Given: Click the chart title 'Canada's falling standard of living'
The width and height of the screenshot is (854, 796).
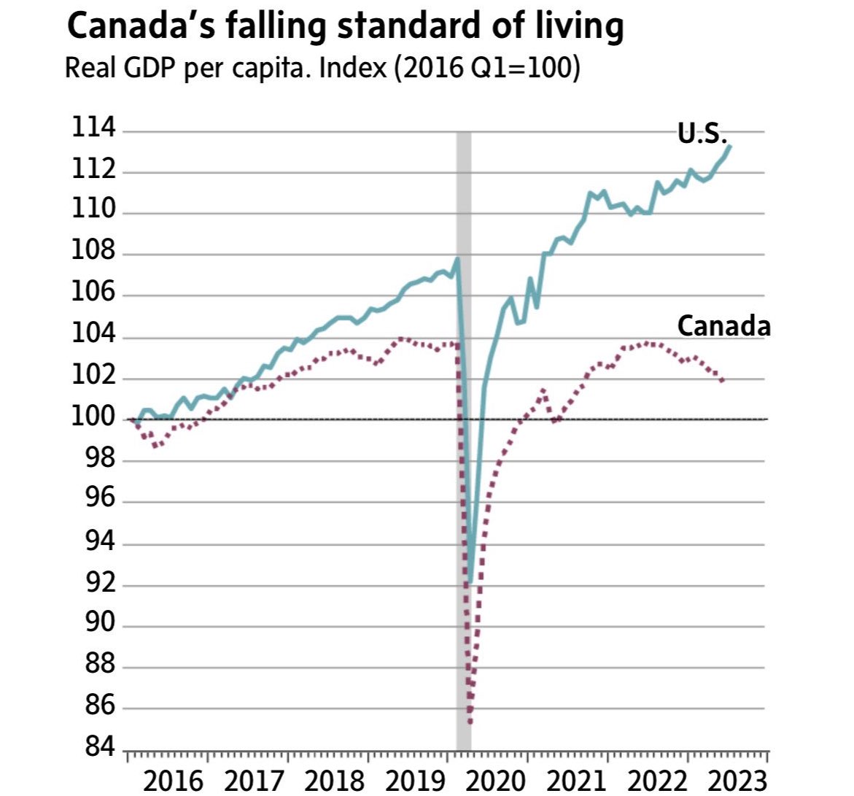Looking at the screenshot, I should pos(345,27).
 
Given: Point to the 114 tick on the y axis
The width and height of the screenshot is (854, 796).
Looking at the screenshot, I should pos(93,129).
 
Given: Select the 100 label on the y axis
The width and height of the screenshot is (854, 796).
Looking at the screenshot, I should pos(93,418).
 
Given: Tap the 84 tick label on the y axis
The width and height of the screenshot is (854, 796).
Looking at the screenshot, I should pos(93,748).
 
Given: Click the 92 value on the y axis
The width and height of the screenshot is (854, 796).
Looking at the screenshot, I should pos(93,583).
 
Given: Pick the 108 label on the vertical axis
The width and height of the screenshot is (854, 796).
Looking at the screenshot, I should pos(93,252).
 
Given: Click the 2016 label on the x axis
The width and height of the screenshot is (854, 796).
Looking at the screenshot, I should pos(174,781).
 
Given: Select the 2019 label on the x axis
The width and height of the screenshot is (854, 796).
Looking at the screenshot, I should pos(414,781).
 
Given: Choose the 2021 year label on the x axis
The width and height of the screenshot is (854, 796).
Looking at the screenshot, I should pos(575,781).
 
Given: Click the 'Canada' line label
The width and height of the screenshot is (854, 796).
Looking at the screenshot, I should pos(723,326).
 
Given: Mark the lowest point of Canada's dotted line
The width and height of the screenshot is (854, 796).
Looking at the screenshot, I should pos(470,722).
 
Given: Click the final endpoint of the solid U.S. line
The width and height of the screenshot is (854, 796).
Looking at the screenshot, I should pos(730,146).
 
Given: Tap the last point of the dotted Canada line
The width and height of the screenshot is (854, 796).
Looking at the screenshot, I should pos(722,380).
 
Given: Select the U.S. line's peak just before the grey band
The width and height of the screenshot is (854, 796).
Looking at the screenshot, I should pos(457,258).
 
